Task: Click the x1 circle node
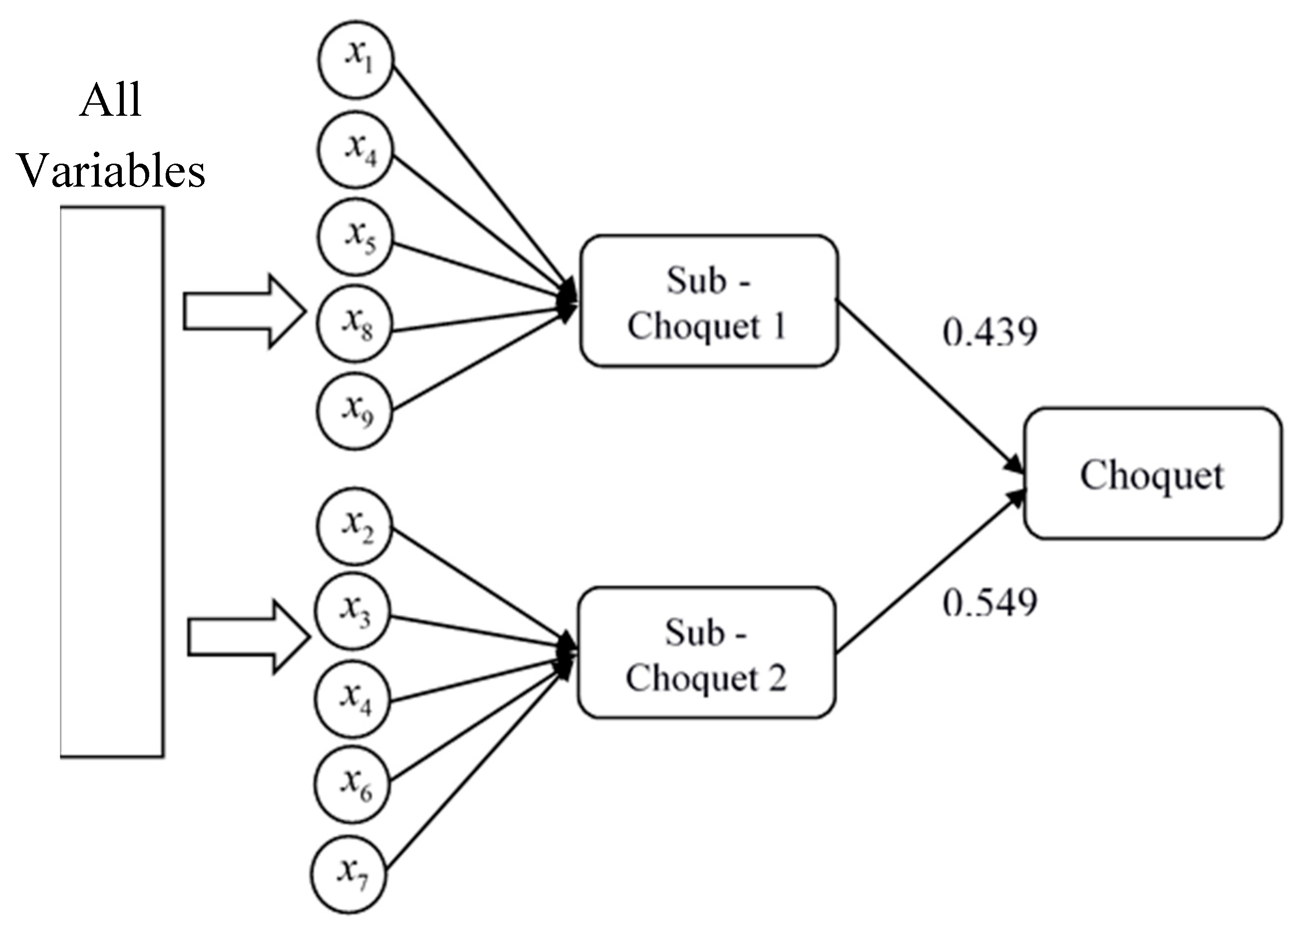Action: [x=356, y=59]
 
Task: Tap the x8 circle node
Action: [x=355, y=323]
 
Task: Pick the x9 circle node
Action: [x=355, y=411]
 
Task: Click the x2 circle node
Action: [x=355, y=526]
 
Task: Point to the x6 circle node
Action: [x=353, y=785]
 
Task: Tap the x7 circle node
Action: [x=349, y=873]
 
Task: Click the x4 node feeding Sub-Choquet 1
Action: [x=356, y=149]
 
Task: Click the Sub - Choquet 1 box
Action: [x=709, y=300]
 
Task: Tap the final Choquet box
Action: [x=1152, y=473]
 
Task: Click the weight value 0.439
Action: [x=990, y=332]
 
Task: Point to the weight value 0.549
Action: [x=990, y=603]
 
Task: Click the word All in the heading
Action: [x=110, y=100]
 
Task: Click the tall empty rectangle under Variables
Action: [x=112, y=481]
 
